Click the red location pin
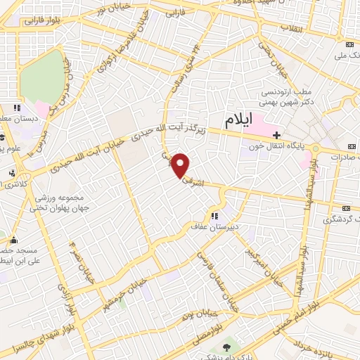pos(181,166)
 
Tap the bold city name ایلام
pos(238,120)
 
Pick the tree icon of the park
pos(226,347)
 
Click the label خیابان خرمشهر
pos(131,286)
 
